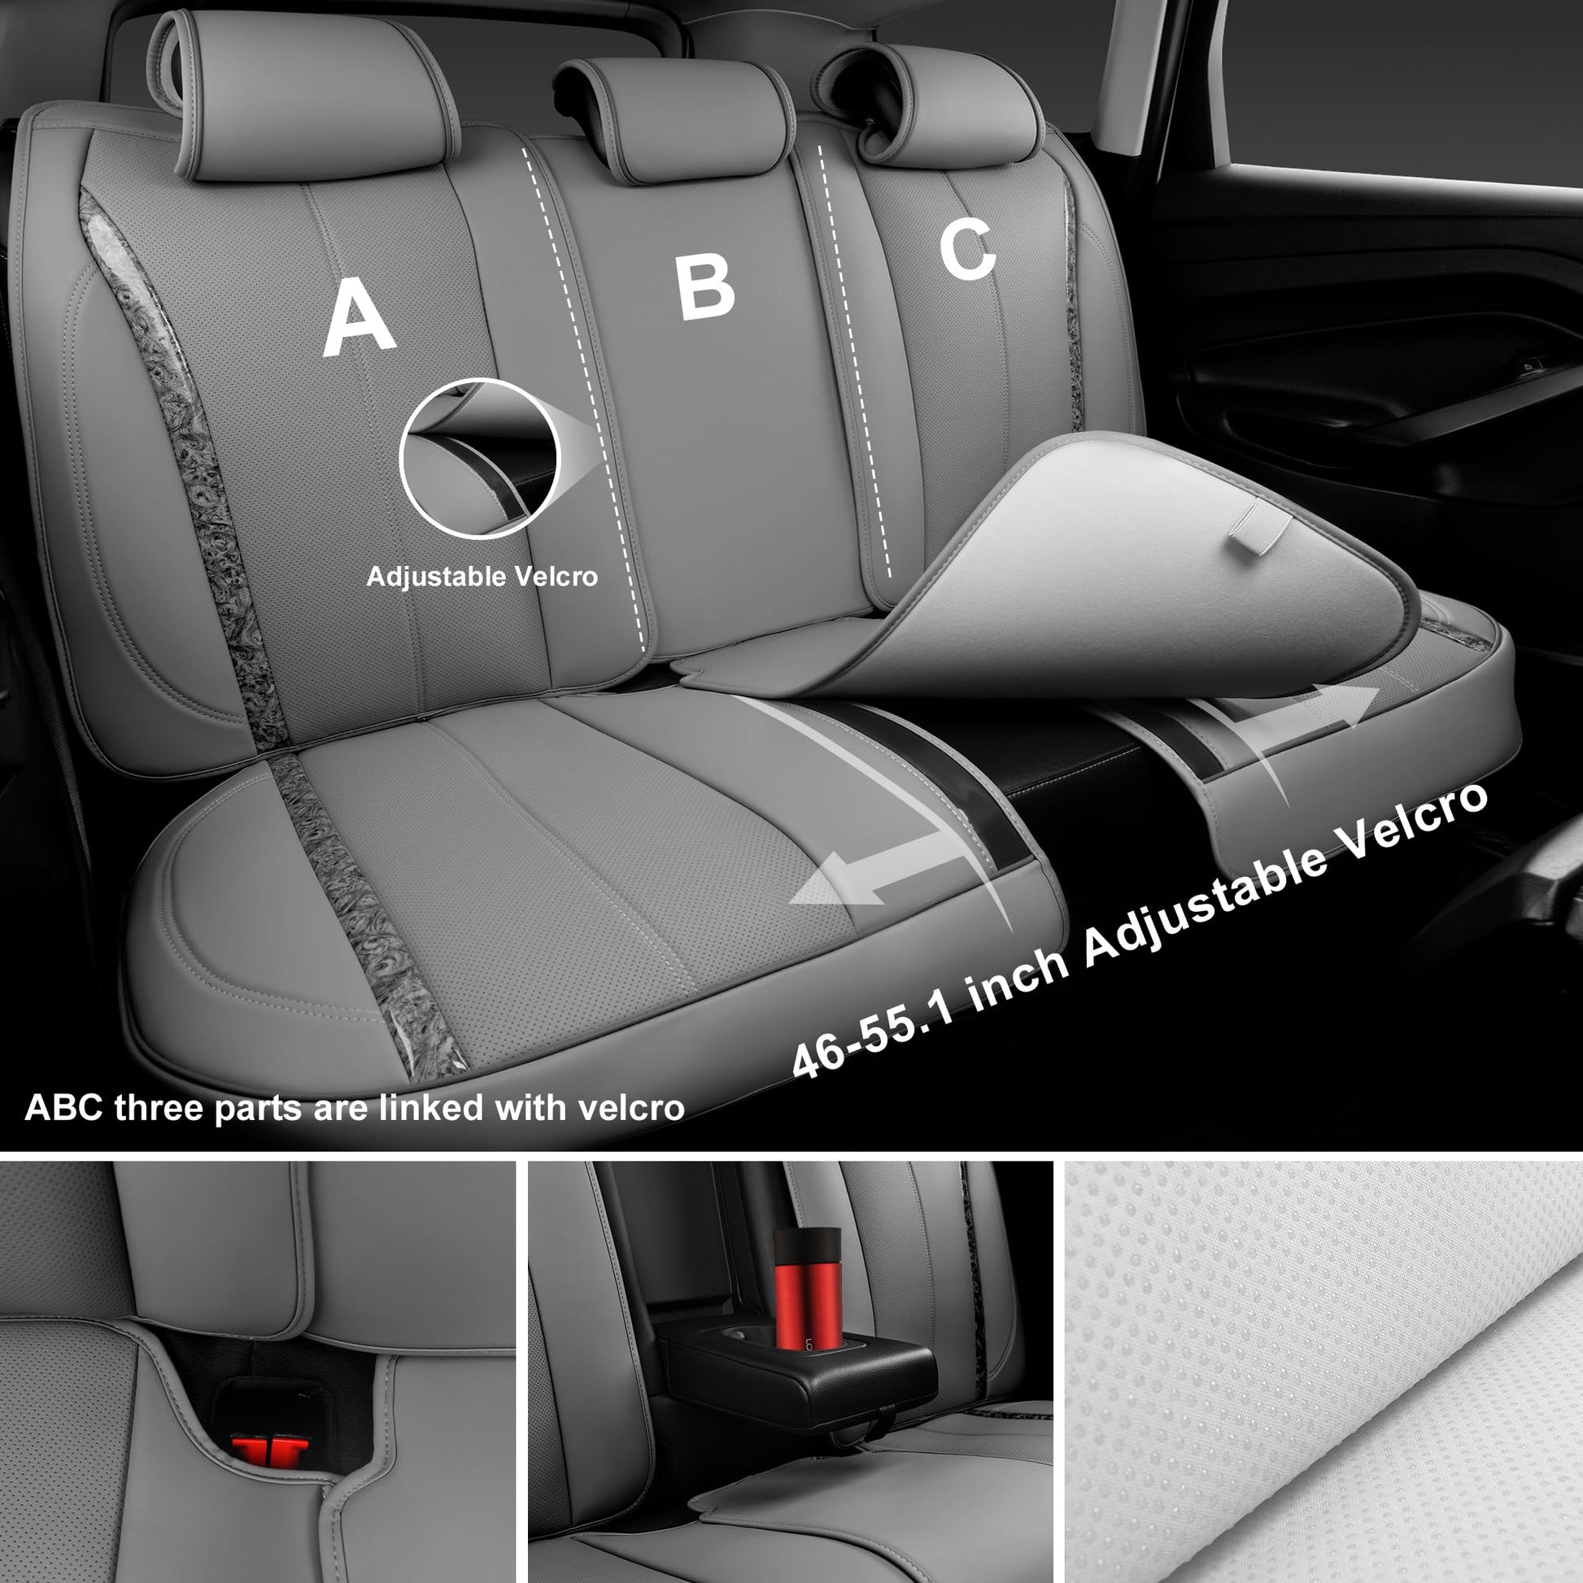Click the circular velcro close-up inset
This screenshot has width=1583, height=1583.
click(478, 458)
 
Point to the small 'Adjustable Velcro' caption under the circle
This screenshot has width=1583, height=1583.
click(482, 577)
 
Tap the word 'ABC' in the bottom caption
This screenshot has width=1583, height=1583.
click(64, 1108)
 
